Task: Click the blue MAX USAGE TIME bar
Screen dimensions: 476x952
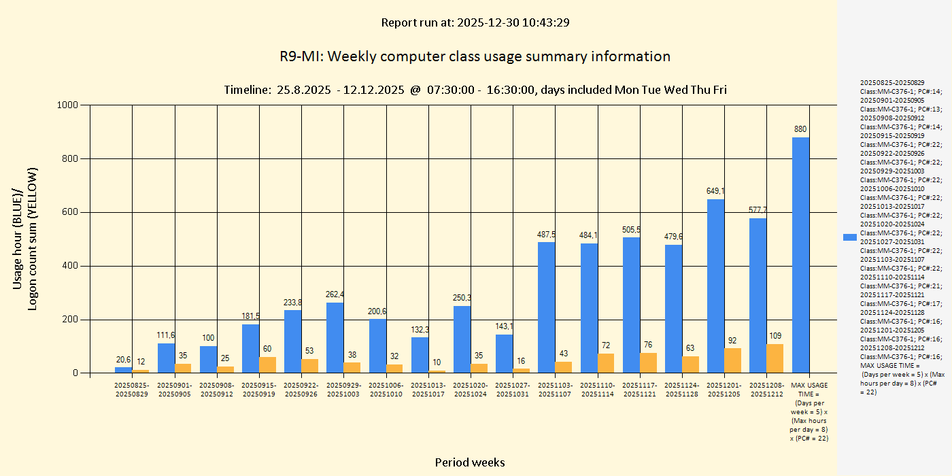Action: tap(800, 255)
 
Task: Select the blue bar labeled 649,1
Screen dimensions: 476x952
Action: tap(715, 286)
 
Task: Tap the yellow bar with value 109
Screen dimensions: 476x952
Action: tap(775, 358)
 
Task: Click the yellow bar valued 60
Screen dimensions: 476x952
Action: tap(268, 364)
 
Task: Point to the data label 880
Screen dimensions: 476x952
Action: tap(800, 129)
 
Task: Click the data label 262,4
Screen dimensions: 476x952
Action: tap(335, 294)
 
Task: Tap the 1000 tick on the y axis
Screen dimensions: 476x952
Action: tap(69, 105)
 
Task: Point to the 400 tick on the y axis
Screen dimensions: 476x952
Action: tap(71, 266)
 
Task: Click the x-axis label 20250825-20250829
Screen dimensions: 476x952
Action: tap(131, 390)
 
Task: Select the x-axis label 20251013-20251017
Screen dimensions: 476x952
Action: tap(428, 390)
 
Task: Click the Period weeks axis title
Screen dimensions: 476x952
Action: tap(470, 462)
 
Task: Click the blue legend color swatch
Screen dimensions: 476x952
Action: tap(849, 237)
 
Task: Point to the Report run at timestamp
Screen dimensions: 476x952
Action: tap(475, 22)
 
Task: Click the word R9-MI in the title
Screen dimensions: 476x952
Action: tap(301, 56)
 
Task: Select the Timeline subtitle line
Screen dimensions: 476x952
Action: tap(475, 90)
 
